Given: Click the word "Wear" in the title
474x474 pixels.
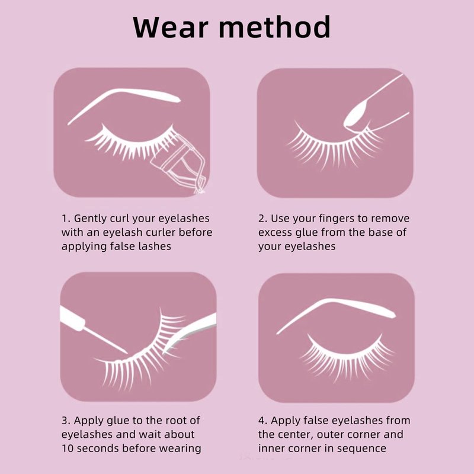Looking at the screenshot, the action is [x=171, y=27].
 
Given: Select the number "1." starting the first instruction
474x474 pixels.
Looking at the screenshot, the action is [x=66, y=218].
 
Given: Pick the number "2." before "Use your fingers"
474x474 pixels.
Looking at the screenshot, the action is [x=262, y=218].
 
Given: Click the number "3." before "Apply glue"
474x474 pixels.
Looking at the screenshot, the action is [x=66, y=420].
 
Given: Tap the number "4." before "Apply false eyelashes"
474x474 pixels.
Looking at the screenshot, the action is [x=263, y=420].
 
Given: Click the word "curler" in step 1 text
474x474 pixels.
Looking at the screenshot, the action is [x=161, y=232].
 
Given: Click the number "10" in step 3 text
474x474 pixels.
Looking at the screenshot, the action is [x=68, y=449].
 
